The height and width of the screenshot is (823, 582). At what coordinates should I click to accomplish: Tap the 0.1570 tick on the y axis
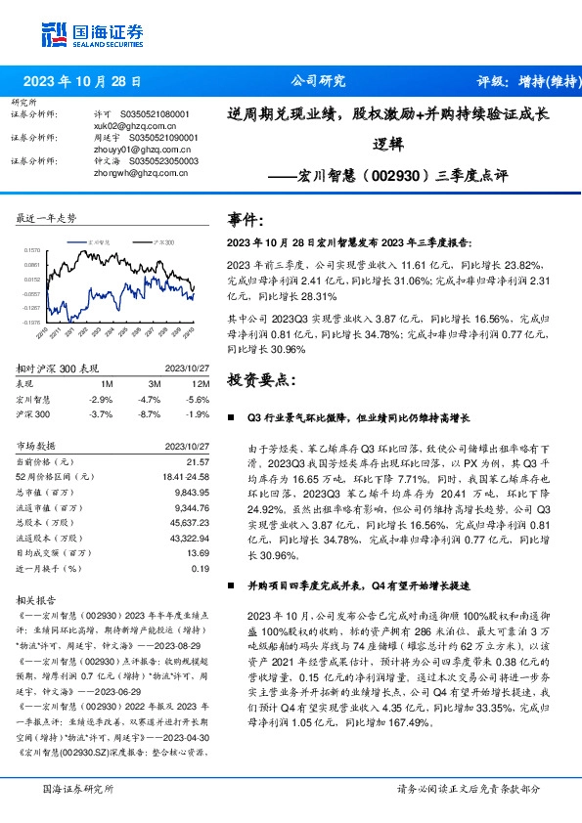point(32,250)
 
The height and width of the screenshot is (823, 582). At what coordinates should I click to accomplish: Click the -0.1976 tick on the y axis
point(32,321)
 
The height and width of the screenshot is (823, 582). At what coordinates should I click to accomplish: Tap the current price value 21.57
point(199,460)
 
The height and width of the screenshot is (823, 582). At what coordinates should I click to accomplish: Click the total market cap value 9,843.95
point(192,492)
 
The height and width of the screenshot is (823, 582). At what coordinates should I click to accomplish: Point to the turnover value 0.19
point(201,568)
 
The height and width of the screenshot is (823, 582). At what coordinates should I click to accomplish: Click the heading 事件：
point(245,219)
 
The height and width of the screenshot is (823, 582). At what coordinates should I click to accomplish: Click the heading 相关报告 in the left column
point(36,597)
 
